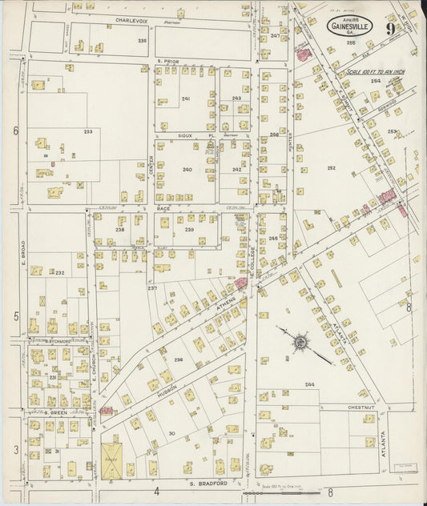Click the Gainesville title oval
point(349,26)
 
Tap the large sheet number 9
point(389,28)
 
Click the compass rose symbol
point(299,343)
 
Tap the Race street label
point(163,207)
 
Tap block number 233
point(87,132)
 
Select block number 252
point(331,168)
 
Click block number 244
point(308,385)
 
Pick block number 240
point(187,170)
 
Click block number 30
point(171,433)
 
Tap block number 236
point(178,359)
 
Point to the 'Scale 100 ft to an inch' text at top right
point(376,72)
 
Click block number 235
point(142,40)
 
